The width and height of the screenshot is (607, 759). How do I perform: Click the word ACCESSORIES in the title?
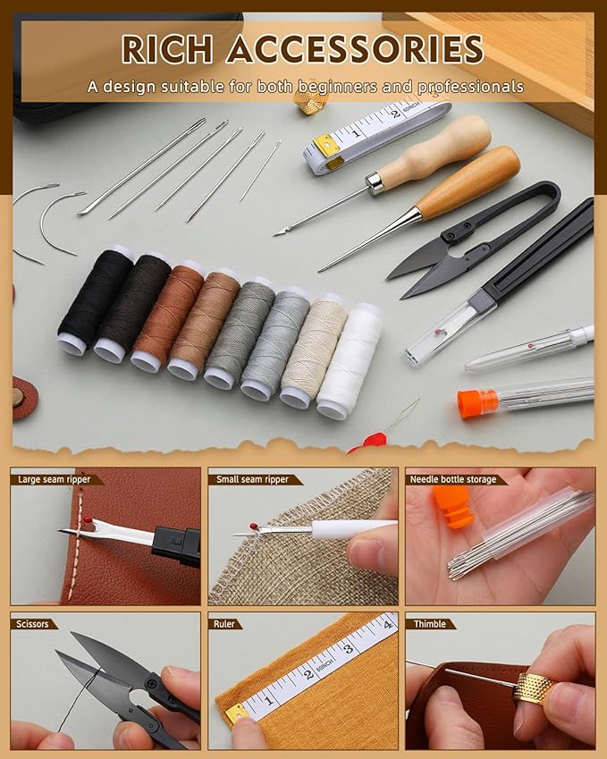pos(355,48)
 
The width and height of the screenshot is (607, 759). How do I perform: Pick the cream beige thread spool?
pos(313,350)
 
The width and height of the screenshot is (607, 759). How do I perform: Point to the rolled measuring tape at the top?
pos(375,134)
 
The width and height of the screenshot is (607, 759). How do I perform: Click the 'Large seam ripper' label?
pos(55,479)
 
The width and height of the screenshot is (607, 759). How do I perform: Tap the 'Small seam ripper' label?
pos(252,479)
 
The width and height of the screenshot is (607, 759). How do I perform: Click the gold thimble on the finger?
pos(534,688)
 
